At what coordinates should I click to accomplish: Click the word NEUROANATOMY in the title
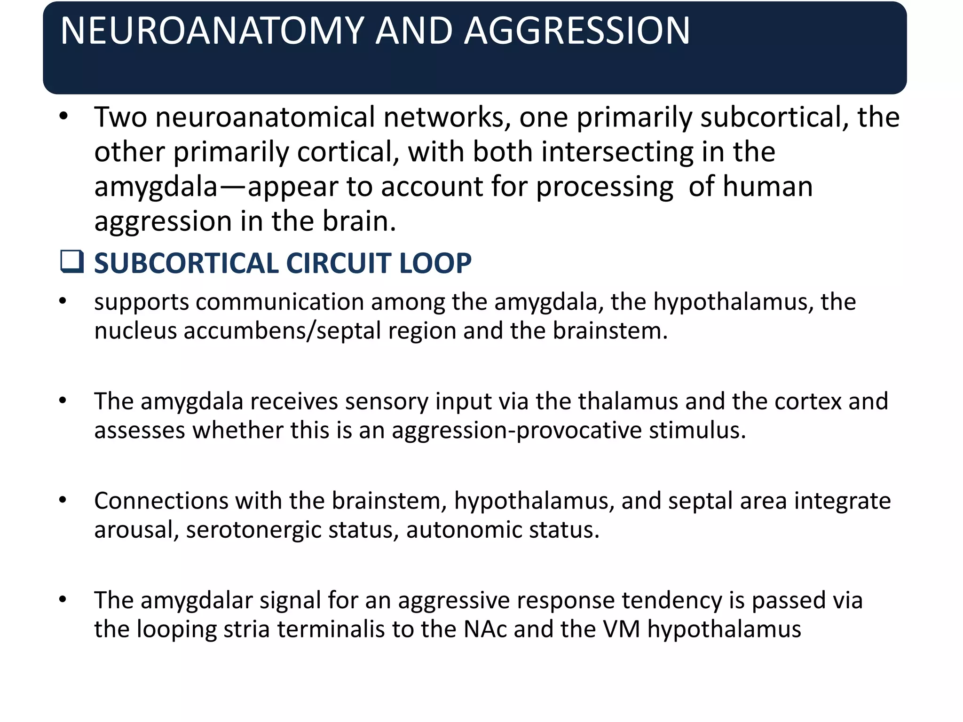click(212, 31)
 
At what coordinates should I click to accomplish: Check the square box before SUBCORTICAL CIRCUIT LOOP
click(72, 262)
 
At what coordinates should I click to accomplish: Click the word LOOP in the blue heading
click(434, 263)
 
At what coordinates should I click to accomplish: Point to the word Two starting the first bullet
click(120, 117)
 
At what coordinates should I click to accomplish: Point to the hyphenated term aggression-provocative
click(516, 431)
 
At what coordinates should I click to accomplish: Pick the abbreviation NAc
click(485, 629)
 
